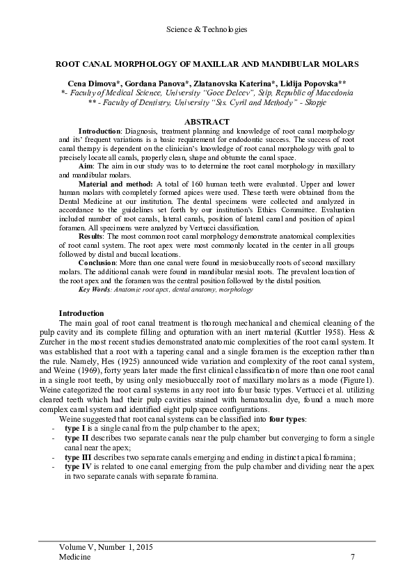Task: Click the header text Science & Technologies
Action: click(207, 29)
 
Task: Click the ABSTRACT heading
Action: click(207, 122)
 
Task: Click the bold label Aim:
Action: click(88, 167)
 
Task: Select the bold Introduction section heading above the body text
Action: click(81, 313)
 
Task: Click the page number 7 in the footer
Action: click(353, 557)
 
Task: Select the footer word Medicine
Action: click(74, 557)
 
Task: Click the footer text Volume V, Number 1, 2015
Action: click(106, 548)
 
